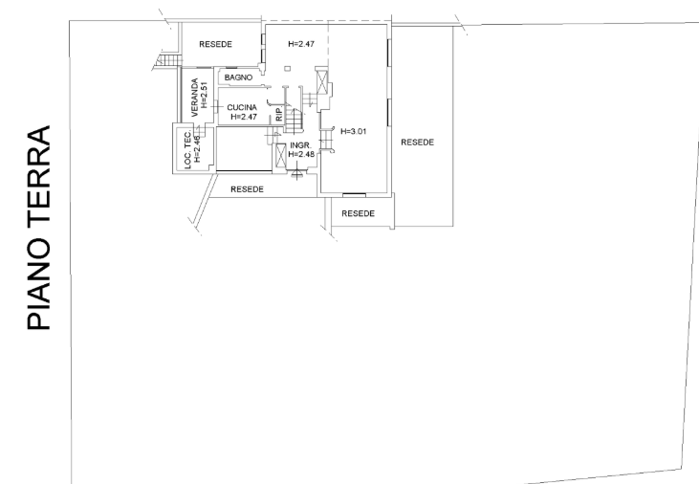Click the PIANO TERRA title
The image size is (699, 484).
tap(38, 228)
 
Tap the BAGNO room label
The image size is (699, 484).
tap(238, 77)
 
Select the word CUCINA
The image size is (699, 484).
tap(242, 107)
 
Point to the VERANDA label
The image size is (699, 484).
tap(194, 98)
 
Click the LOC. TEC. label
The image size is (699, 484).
tap(187, 150)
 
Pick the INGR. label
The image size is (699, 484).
tap(300, 145)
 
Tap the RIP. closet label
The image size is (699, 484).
tap(279, 114)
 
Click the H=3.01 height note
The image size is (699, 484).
tap(354, 132)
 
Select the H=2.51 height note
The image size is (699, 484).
tap(205, 95)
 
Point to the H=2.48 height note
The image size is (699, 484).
tap(301, 154)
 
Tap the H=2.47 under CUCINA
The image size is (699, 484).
tap(244, 117)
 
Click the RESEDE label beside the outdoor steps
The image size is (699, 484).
tap(216, 44)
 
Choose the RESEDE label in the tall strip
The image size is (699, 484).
tap(417, 143)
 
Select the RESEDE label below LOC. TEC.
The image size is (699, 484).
tap(247, 189)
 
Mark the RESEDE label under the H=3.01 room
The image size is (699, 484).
tap(358, 213)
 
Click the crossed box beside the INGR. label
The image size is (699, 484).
tap(281, 155)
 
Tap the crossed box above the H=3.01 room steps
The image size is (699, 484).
tap(322, 82)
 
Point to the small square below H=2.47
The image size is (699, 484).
tap(288, 68)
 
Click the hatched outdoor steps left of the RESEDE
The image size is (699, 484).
tap(168, 59)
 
